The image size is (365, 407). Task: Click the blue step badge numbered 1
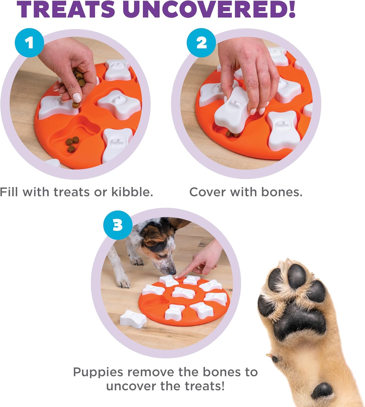pyautogui.click(x=29, y=43)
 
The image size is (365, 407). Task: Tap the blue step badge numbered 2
pyautogui.click(x=201, y=43)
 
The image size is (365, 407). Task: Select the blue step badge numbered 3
pyautogui.click(x=118, y=225)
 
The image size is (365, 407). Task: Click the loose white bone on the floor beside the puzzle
pyautogui.click(x=133, y=319)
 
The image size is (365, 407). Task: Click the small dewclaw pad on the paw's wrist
pyautogui.click(x=322, y=391)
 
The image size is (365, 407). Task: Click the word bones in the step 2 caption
pyautogui.click(x=282, y=192)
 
